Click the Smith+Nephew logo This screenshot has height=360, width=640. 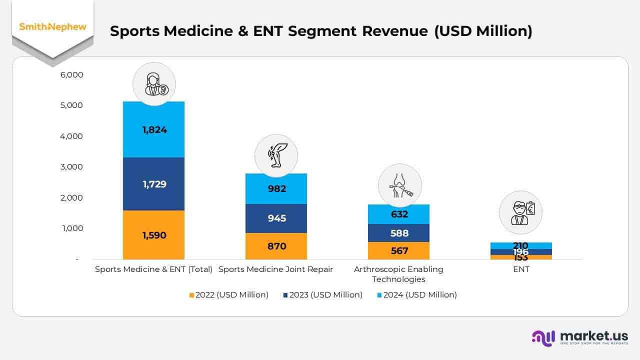coord(52,27)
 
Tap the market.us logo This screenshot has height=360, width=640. coord(580,337)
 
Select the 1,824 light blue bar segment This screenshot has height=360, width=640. coord(153,129)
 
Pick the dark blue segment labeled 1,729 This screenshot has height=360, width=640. coord(153,184)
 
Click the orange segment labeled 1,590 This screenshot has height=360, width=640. coord(153,235)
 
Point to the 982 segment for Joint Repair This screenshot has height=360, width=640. coord(276,188)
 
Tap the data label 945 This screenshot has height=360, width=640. coord(276,218)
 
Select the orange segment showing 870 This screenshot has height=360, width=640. coord(276,246)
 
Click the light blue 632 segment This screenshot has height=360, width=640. coord(398,214)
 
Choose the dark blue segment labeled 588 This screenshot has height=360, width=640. coord(398,233)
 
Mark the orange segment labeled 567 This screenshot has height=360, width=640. coord(398,250)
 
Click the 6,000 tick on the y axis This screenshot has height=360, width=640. coord(72,74)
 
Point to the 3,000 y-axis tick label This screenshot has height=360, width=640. coord(72,167)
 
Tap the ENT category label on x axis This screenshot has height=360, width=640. coord(520,269)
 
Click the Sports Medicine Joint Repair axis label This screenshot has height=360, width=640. coord(276,269)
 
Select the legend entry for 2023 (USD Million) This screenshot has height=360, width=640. coord(322,295)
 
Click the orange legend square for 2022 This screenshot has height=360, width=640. coord(191,295)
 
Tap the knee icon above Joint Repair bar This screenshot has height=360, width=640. coord(276,155)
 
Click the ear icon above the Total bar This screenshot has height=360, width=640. coord(154,84)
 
